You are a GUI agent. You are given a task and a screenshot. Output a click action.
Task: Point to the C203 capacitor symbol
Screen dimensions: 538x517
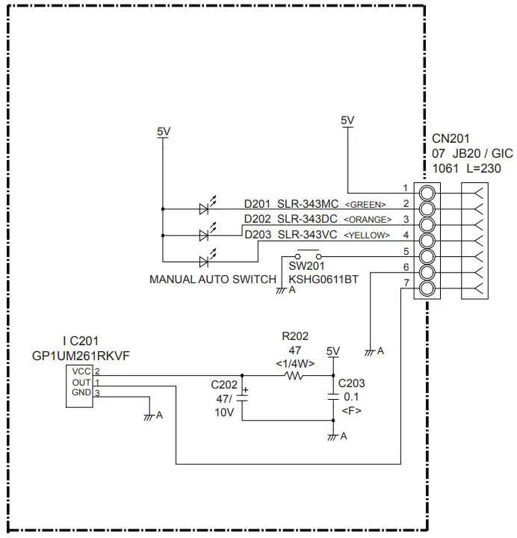pos(333,398)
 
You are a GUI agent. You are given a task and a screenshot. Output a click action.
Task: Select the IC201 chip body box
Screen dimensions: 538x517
pos(79,386)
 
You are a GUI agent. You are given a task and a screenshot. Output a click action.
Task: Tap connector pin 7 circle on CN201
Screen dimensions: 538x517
pos(427,289)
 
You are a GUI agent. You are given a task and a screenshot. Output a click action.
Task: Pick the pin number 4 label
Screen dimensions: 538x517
pos(406,235)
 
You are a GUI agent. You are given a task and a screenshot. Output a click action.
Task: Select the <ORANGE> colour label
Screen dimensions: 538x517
pos(367,220)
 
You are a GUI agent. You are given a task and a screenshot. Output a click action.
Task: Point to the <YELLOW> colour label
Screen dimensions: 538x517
pos(367,235)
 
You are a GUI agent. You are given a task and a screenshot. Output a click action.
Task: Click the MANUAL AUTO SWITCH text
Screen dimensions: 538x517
pos(213,279)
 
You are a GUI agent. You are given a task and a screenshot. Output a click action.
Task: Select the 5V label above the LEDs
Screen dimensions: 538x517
pos(164,131)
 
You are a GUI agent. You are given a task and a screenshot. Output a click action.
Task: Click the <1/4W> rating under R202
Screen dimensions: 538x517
pos(294,363)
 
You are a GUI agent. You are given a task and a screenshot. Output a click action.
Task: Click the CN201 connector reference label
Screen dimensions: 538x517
pos(451,139)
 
